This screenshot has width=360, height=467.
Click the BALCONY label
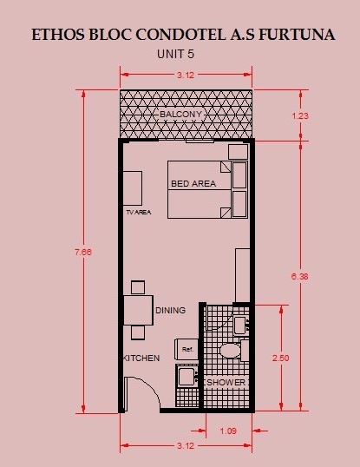pyautogui.click(x=180, y=114)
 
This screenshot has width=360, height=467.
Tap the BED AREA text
pyautogui.click(x=193, y=183)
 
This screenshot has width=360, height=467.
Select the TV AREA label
pyautogui.click(x=139, y=213)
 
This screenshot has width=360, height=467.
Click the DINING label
pyautogui.click(x=171, y=311)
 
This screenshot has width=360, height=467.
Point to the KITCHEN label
pyautogui.click(x=141, y=358)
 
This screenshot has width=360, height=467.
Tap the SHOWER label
pyautogui.click(x=226, y=383)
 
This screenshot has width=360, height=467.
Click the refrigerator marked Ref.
pyautogui.click(x=187, y=349)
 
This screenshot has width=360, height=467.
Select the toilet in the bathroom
pyautogui.click(x=230, y=351)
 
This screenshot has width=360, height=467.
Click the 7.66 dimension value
pyautogui.click(x=83, y=252)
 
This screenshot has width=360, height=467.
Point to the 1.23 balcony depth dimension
pyautogui.click(x=300, y=115)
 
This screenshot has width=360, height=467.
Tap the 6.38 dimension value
pyautogui.click(x=299, y=276)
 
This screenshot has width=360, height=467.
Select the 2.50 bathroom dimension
pyautogui.click(x=280, y=358)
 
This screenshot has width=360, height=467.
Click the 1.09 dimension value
pyautogui.click(x=228, y=431)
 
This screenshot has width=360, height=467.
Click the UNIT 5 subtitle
pyautogui.click(x=175, y=54)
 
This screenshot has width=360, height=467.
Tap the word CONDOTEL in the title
pyautogui.click(x=180, y=35)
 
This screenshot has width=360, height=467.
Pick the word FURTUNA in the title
pyautogui.click(x=297, y=35)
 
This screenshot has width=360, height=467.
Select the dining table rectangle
pyautogui.click(x=138, y=310)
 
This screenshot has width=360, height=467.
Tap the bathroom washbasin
pyautogui.click(x=239, y=326)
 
